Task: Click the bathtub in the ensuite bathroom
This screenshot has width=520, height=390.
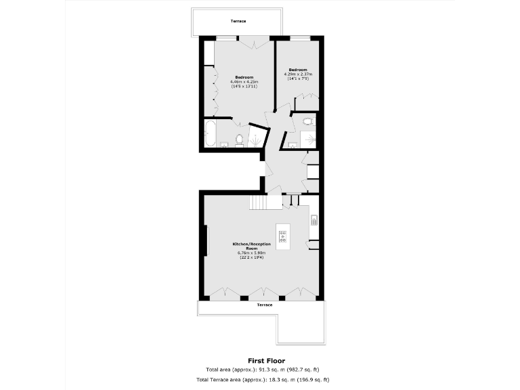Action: (209, 133)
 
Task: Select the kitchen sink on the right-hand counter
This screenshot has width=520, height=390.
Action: (314, 219)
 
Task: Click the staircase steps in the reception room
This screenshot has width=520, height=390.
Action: (258, 202)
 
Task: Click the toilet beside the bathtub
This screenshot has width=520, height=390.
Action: (238, 139)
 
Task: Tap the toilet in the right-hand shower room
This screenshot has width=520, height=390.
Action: (309, 122)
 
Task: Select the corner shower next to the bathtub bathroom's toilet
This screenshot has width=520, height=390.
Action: (256, 137)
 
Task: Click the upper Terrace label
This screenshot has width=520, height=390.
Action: (238, 21)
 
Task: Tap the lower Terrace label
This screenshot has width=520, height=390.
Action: (265, 305)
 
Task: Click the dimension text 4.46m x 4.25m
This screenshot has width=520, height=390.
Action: (244, 82)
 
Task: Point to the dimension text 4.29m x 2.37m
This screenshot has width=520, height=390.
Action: (298, 74)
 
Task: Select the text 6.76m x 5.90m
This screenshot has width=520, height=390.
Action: (251, 253)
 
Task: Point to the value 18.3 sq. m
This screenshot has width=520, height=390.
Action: (276, 381)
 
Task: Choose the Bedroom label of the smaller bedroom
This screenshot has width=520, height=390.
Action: (298, 70)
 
